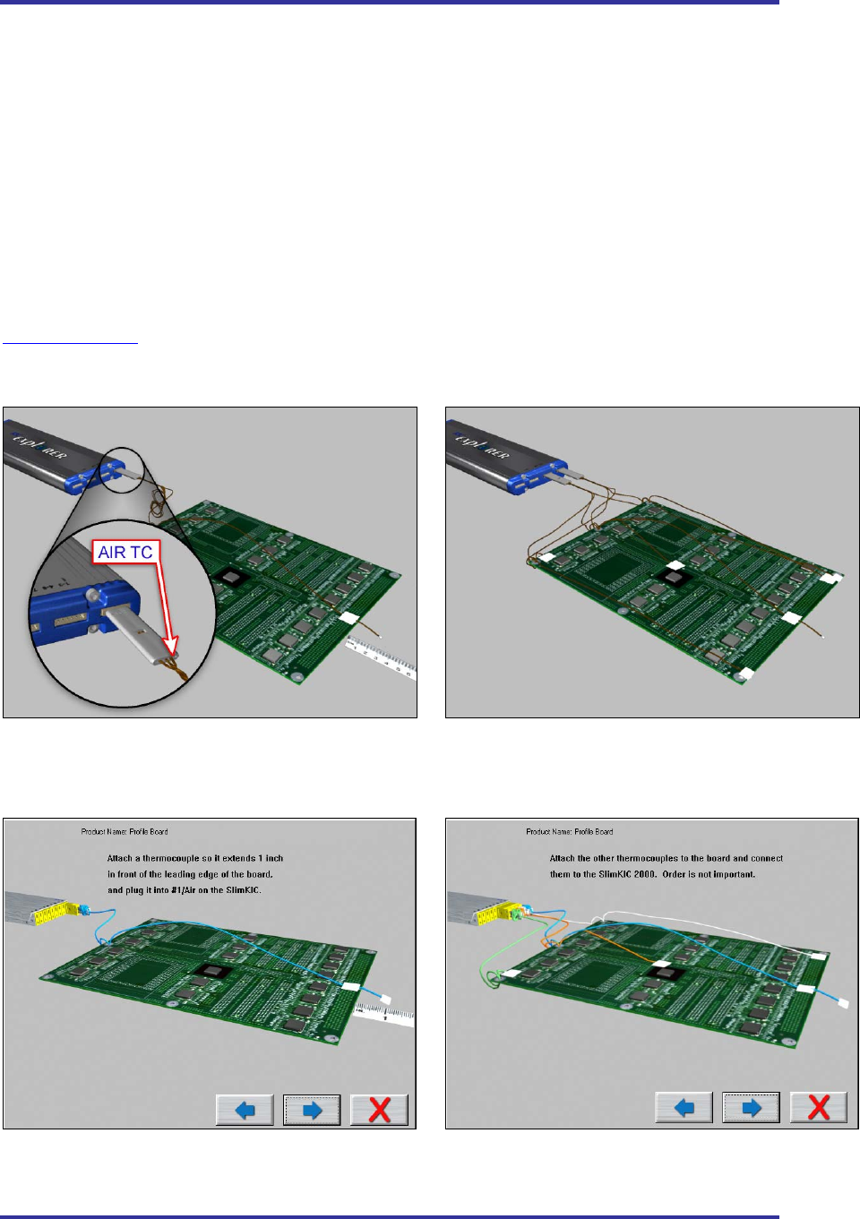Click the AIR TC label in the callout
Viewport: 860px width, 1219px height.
(x=125, y=553)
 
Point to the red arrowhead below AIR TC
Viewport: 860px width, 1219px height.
(x=172, y=644)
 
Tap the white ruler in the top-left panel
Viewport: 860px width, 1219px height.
(x=382, y=656)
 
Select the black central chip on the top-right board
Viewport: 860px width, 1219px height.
(x=673, y=579)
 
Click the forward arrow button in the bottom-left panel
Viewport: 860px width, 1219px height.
(x=312, y=1110)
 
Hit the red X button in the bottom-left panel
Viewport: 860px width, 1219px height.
(x=379, y=1110)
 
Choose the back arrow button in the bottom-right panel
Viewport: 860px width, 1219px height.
(x=684, y=1108)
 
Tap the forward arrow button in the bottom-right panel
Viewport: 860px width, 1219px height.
(x=751, y=1108)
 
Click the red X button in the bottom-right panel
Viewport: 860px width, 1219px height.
(x=818, y=1108)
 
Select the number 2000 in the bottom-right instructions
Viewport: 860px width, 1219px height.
(x=644, y=874)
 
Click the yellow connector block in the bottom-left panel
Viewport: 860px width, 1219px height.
(x=54, y=913)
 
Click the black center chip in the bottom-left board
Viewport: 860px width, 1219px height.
(x=212, y=971)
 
